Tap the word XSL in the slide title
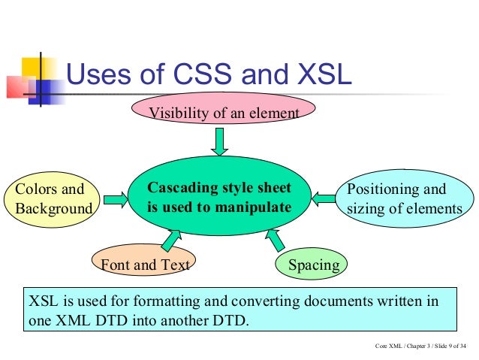tap(316, 77)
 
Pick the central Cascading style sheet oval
tap(218, 197)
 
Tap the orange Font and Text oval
tap(145, 264)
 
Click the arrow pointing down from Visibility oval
tap(218, 141)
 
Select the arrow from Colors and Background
tap(116, 199)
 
